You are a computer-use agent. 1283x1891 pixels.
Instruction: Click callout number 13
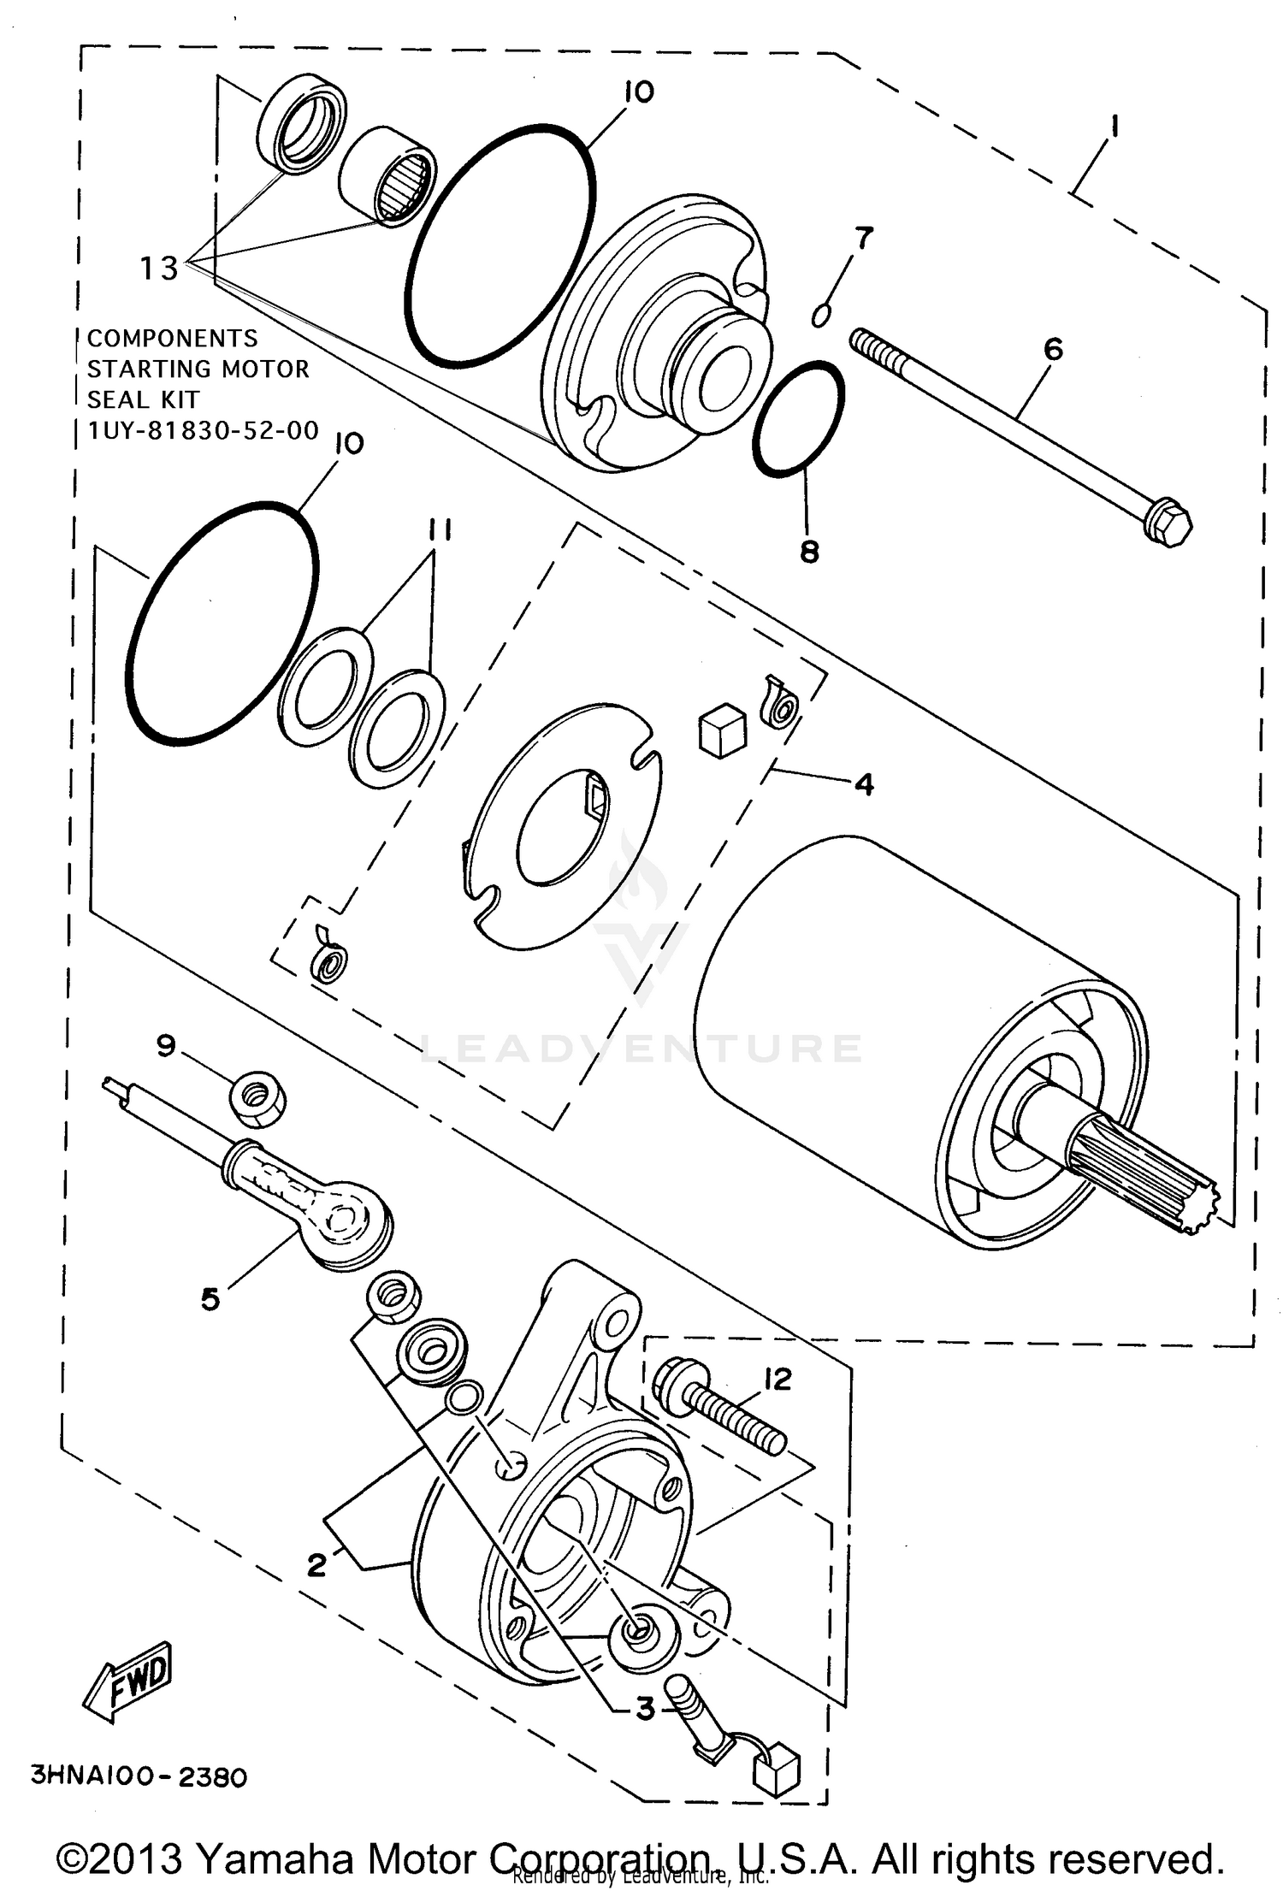click(x=159, y=269)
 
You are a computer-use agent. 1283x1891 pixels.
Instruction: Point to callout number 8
click(x=809, y=552)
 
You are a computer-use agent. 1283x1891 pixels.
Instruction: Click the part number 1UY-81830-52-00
click(x=203, y=430)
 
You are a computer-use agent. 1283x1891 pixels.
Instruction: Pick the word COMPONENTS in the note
click(x=172, y=338)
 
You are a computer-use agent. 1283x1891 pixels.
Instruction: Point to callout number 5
click(x=210, y=1299)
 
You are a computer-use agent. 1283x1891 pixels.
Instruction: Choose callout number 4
click(x=864, y=783)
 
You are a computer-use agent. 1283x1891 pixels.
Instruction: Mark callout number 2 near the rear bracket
click(x=316, y=1564)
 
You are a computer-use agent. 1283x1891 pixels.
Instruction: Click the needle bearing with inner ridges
click(x=388, y=177)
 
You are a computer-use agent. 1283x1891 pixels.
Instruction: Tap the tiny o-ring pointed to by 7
click(x=820, y=316)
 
